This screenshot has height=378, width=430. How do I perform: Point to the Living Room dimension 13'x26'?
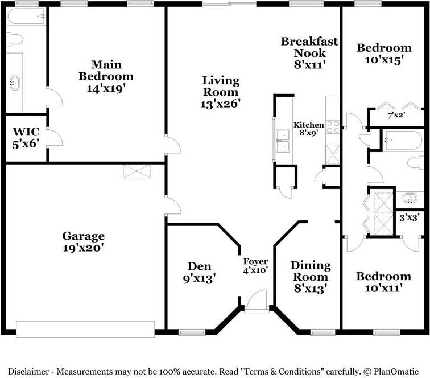(x=221, y=104)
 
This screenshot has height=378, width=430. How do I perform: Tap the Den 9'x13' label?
(x=199, y=272)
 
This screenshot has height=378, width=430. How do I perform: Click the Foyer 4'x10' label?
(x=255, y=266)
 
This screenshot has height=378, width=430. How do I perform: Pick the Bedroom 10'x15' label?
(x=383, y=54)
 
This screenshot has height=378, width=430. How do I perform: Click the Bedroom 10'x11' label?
(x=383, y=282)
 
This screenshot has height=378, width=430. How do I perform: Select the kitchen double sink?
(x=282, y=141)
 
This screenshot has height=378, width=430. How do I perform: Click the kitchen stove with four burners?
(x=333, y=126)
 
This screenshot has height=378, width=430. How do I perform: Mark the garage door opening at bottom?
(x=85, y=329)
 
